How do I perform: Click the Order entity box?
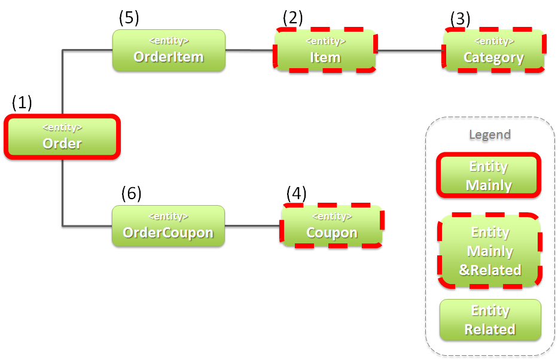click(x=62, y=137)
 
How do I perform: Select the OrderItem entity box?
click(x=169, y=51)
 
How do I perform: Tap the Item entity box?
click(x=325, y=51)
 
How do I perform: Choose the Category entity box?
click(x=493, y=51)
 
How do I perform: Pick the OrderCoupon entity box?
click(x=168, y=226)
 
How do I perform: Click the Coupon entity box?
click(x=332, y=226)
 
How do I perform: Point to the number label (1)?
click(x=22, y=102)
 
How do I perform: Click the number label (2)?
click(x=293, y=17)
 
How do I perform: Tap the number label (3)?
click(x=461, y=19)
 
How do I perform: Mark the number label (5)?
click(x=129, y=17)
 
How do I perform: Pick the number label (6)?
click(x=132, y=193)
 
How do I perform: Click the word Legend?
click(x=490, y=134)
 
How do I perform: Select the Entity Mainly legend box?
click(x=489, y=175)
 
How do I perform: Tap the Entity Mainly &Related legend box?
click(x=489, y=251)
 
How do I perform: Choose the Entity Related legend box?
click(x=490, y=320)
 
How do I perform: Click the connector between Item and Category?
click(x=410, y=51)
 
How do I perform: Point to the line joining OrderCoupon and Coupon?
click(x=252, y=226)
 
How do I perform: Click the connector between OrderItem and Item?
click(x=249, y=50)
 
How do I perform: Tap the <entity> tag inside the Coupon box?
click(x=332, y=216)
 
